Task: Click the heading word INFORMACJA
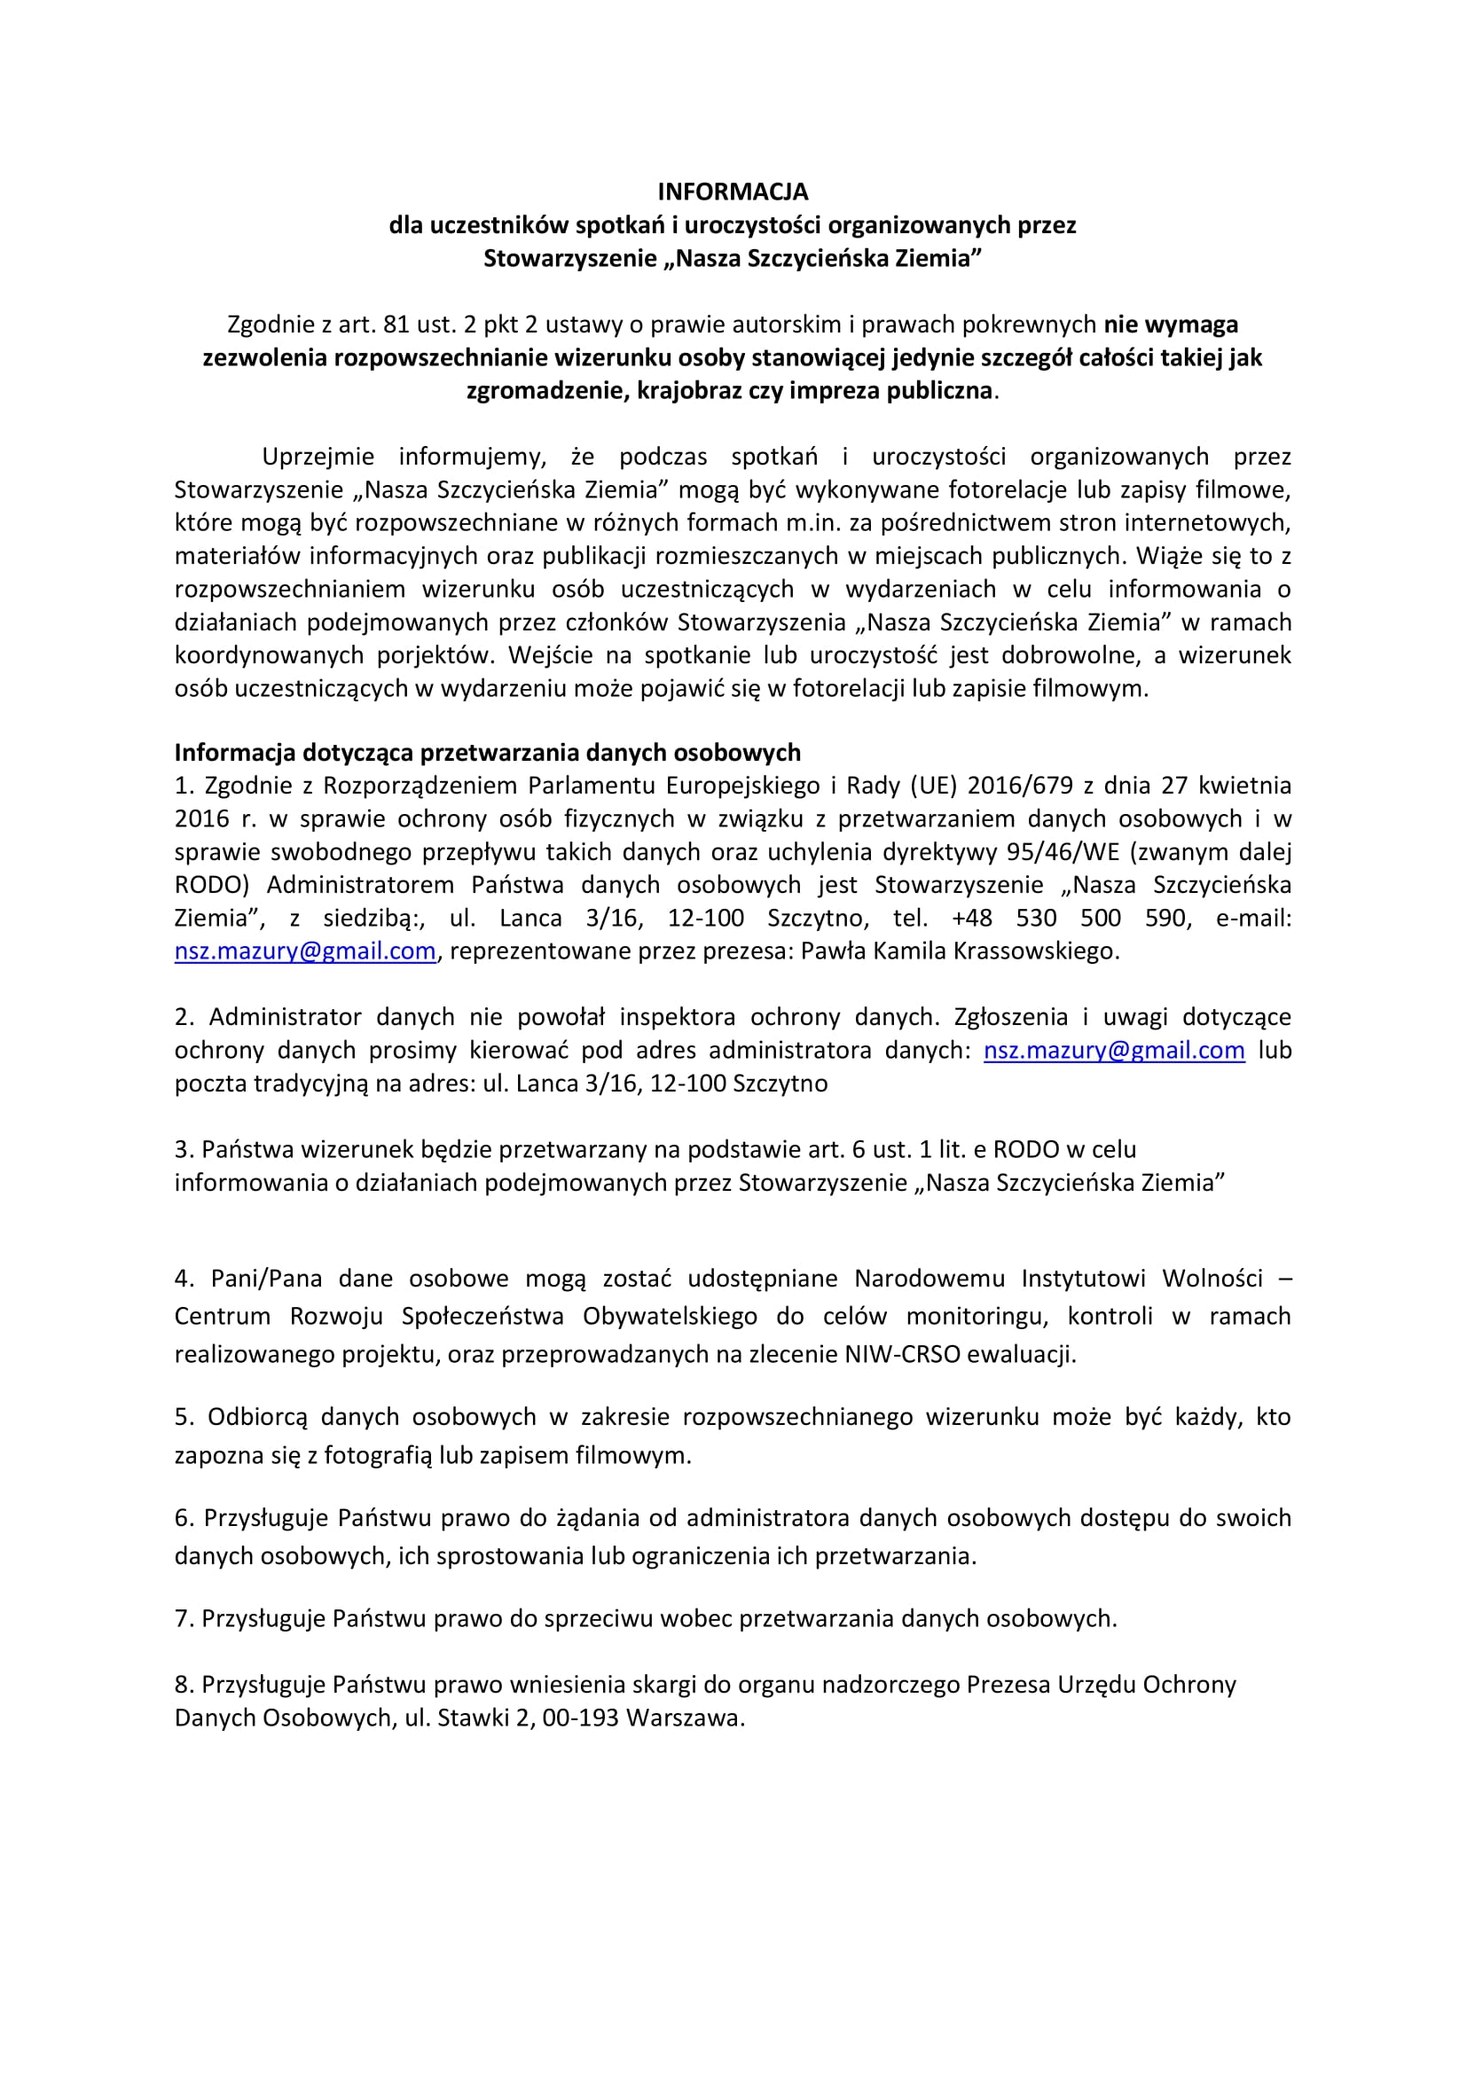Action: click(x=733, y=192)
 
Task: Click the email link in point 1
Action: click(x=304, y=951)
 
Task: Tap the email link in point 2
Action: click(x=1114, y=1051)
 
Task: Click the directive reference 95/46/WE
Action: click(x=1067, y=852)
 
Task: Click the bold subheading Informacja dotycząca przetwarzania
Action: click(x=488, y=753)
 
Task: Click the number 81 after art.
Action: click(x=396, y=325)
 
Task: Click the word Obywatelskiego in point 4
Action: click(x=670, y=1316)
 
